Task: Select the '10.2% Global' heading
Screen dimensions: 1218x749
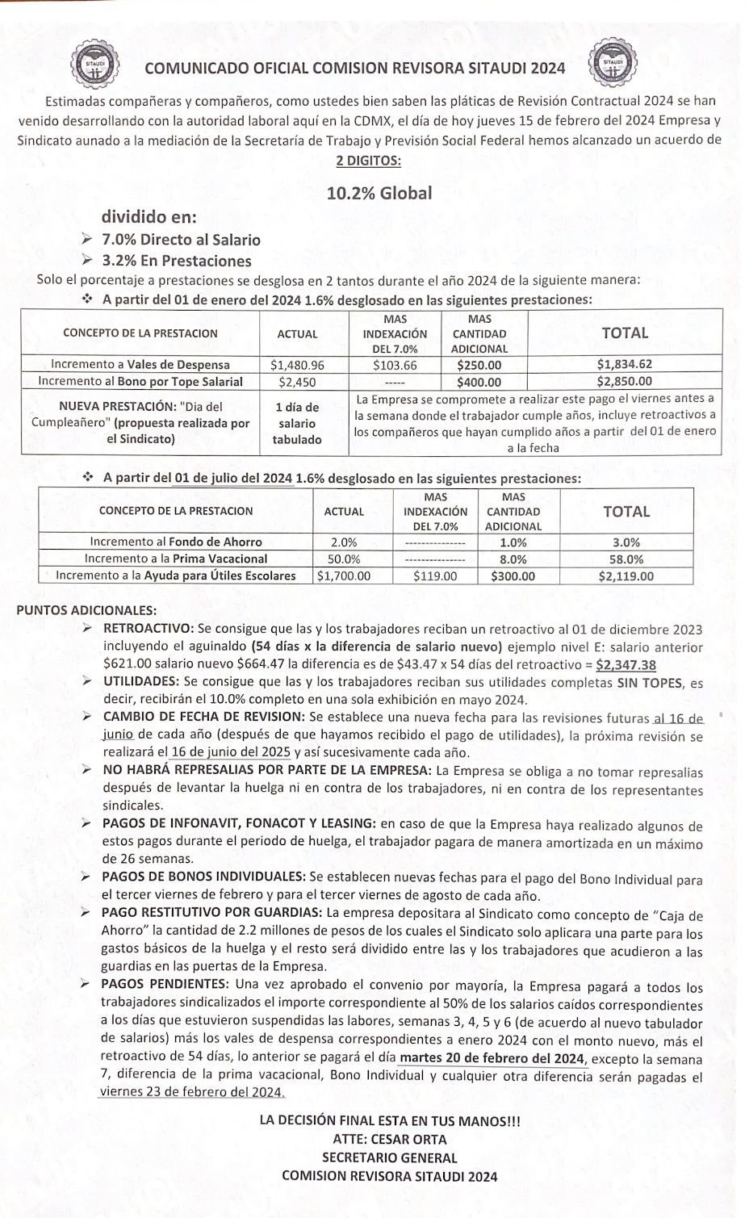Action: (x=379, y=193)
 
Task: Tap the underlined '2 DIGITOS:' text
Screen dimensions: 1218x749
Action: (x=368, y=160)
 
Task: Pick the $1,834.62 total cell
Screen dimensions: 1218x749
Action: (x=624, y=365)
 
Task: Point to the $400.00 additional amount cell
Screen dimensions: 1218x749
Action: (x=479, y=382)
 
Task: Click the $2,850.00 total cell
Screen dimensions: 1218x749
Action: (x=624, y=382)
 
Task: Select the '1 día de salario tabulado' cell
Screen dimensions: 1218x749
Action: (x=297, y=423)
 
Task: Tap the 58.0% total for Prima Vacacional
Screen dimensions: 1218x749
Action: (x=626, y=559)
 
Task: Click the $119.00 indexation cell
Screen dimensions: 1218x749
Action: (x=435, y=576)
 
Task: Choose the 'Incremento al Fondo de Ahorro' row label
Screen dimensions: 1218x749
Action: (x=176, y=542)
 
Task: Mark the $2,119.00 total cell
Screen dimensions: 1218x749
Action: (x=626, y=576)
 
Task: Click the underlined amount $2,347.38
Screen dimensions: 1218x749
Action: (x=626, y=665)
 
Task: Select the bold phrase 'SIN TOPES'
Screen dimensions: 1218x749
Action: (x=651, y=683)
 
